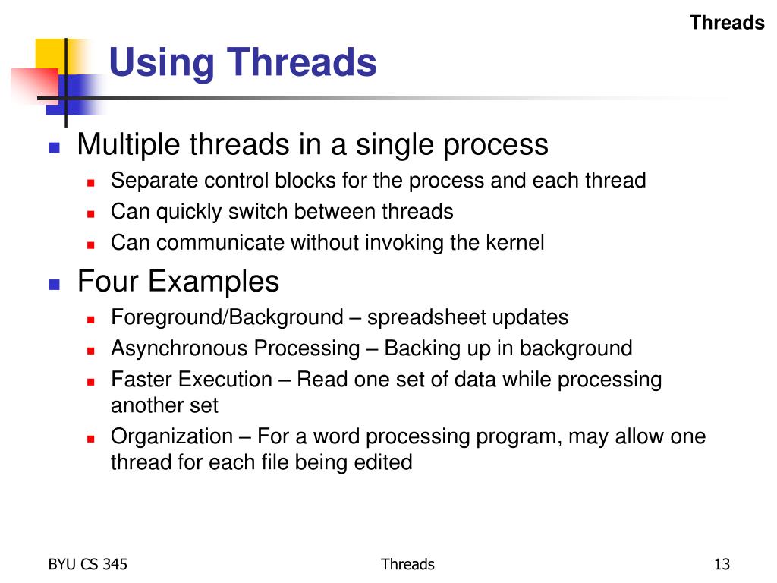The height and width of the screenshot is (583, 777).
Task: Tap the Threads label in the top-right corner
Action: point(727,23)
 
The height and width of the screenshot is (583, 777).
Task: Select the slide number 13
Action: point(721,564)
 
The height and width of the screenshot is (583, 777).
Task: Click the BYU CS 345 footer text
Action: point(88,564)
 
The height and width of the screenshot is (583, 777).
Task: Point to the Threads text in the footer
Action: point(407,564)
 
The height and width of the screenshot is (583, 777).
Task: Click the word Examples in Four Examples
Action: point(220,282)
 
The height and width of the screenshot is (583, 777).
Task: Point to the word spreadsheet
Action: point(426,317)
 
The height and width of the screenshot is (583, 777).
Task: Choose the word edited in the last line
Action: point(384,462)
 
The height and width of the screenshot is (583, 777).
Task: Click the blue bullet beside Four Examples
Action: point(54,285)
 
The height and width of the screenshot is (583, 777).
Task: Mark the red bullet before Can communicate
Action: point(90,245)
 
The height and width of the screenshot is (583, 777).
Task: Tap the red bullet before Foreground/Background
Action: point(90,319)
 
